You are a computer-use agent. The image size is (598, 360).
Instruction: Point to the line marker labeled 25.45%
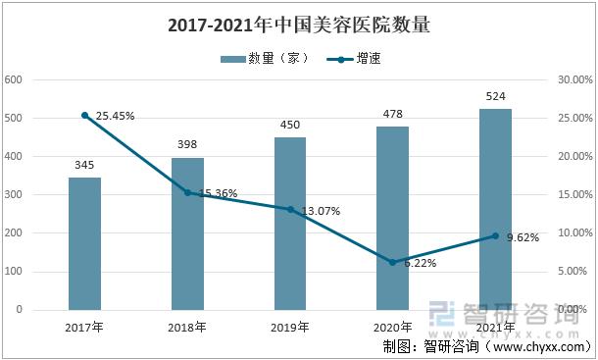point(85,115)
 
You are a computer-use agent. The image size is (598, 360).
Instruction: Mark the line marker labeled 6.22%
point(393,262)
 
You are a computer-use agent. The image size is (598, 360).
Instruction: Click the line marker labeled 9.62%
point(495,235)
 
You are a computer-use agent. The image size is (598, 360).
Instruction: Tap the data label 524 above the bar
point(495,96)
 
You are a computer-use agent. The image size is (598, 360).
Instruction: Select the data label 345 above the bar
point(84,165)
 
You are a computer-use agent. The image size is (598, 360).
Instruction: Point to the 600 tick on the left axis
point(14,79)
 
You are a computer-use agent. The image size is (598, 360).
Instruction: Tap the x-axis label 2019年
point(290,327)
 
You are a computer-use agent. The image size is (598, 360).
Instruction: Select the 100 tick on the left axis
point(14,272)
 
